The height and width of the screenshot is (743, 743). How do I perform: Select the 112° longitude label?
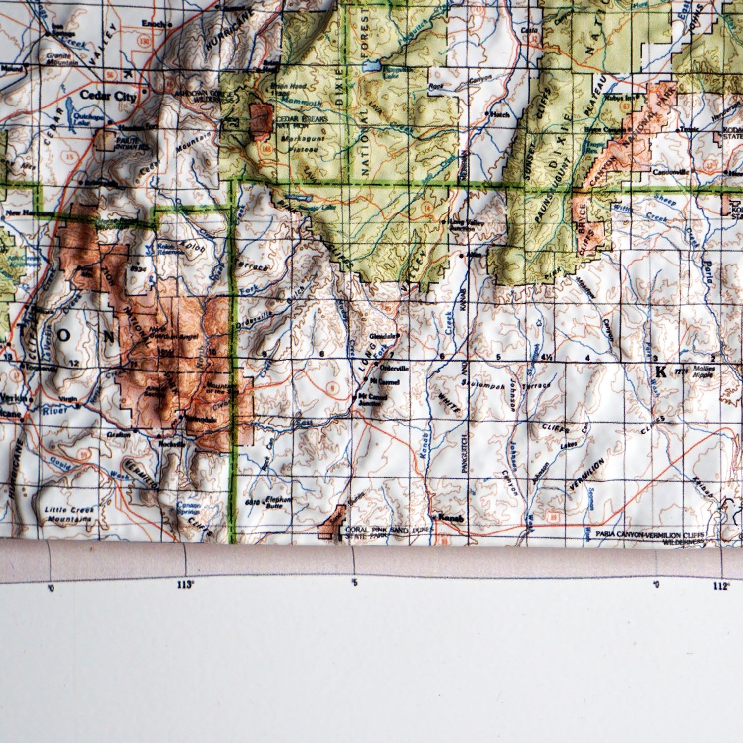click(x=721, y=586)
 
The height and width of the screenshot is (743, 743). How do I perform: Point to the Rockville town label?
click(x=171, y=444)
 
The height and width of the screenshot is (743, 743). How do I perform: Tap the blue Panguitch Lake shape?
click(x=374, y=66)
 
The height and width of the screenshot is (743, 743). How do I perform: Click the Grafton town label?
click(x=118, y=434)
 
